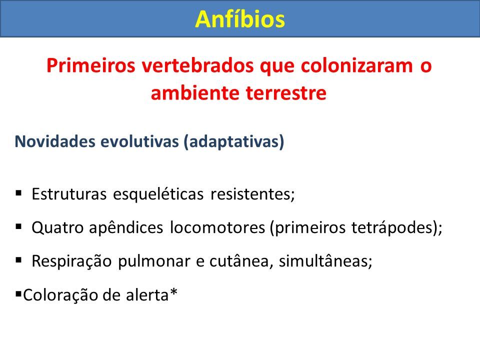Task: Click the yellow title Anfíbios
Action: click(x=240, y=19)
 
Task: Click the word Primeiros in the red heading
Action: click(x=90, y=65)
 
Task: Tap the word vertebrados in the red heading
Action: click(x=197, y=65)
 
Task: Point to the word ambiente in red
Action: click(x=195, y=93)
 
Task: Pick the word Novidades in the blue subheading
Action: click(x=55, y=141)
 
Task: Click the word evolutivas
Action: click(x=139, y=141)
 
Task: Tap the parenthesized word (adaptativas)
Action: click(x=234, y=141)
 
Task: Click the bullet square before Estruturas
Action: click(x=18, y=193)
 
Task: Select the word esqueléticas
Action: click(x=158, y=194)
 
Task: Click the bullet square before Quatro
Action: click(x=18, y=226)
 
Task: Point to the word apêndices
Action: click(x=126, y=228)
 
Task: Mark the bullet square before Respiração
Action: click(x=18, y=260)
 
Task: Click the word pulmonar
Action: click(x=154, y=261)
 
